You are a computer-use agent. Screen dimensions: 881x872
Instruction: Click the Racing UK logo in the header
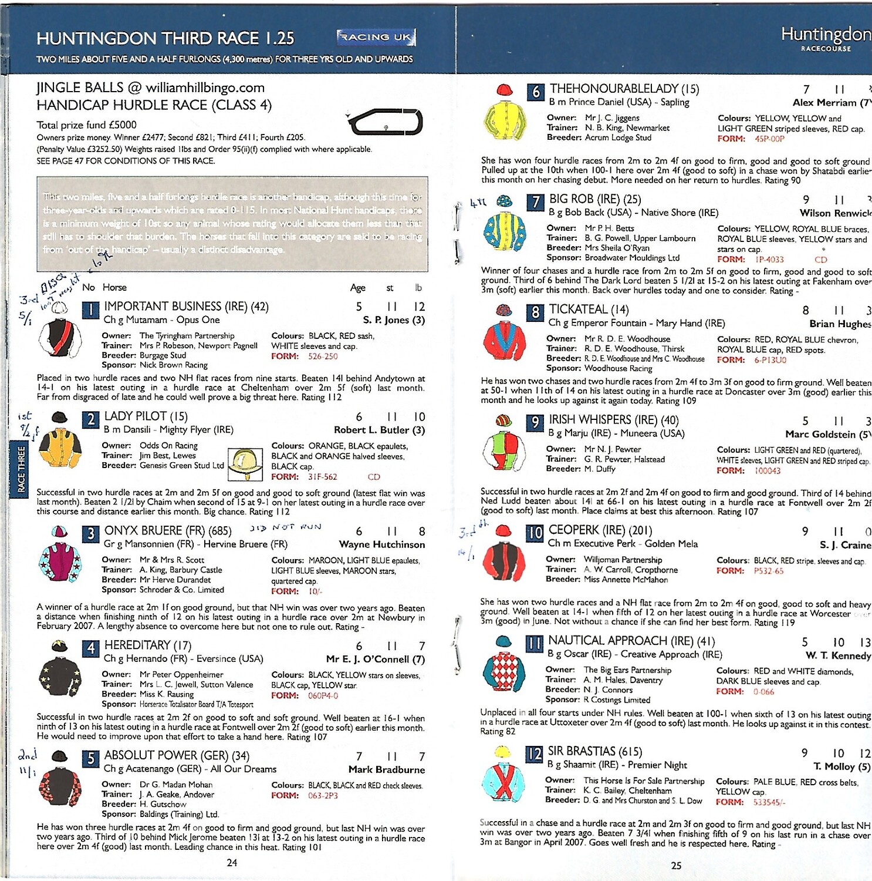[376, 37]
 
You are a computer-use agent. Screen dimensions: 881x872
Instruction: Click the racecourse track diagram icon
[385, 122]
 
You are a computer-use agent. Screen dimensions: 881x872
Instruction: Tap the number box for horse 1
[90, 309]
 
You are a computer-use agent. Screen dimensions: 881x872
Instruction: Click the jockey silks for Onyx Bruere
[59, 557]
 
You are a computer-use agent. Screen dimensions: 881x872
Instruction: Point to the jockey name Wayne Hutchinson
[381, 544]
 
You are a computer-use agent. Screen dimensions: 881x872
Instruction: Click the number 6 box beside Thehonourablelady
[535, 92]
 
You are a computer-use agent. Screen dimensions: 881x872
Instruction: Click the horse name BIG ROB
[578, 199]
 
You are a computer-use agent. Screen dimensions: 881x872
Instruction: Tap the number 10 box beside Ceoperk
[534, 533]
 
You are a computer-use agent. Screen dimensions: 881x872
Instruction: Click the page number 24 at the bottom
[232, 863]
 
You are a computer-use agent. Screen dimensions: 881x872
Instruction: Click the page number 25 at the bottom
[676, 865]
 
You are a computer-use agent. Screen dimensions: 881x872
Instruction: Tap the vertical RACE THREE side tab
[21, 469]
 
